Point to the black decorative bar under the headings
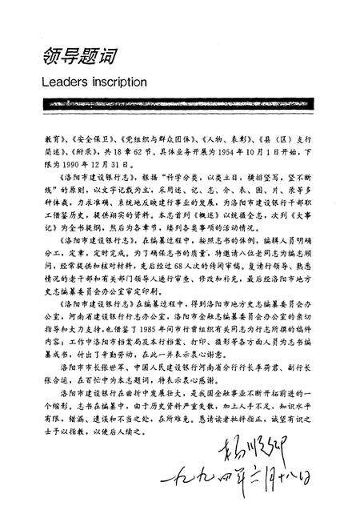(179, 105)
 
